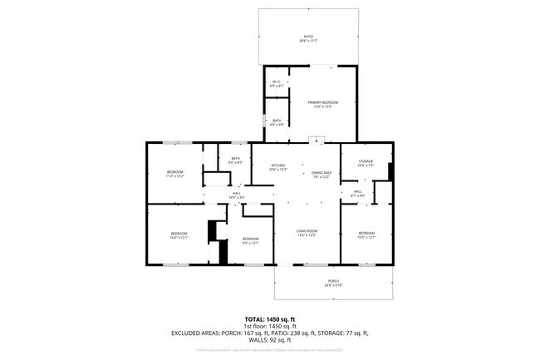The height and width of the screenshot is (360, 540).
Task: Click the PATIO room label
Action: coord(307,38)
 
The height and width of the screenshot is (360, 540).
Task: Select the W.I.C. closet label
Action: coord(277,82)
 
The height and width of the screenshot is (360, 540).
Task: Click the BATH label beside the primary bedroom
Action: coord(277,122)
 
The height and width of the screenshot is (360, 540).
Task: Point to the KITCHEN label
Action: coord(278,167)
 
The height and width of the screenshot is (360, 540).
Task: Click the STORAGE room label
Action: coord(366,163)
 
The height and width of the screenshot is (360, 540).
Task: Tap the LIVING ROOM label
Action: coord(307,234)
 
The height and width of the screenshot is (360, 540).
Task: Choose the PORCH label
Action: coord(333,283)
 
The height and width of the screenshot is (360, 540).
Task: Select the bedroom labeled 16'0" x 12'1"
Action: coord(179,235)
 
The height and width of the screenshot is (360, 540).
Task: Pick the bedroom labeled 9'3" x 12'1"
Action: coord(250,241)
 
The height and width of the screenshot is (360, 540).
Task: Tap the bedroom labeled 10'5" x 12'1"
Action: coord(366,235)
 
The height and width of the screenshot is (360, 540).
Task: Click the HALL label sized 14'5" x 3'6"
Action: coord(237,195)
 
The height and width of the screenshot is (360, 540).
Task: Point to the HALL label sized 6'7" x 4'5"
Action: coord(357,194)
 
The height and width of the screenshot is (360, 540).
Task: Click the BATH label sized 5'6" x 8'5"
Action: coord(236,160)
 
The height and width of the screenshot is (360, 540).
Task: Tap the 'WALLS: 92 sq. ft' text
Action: coord(270,339)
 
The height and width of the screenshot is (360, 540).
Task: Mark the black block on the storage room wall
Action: coord(390,170)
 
